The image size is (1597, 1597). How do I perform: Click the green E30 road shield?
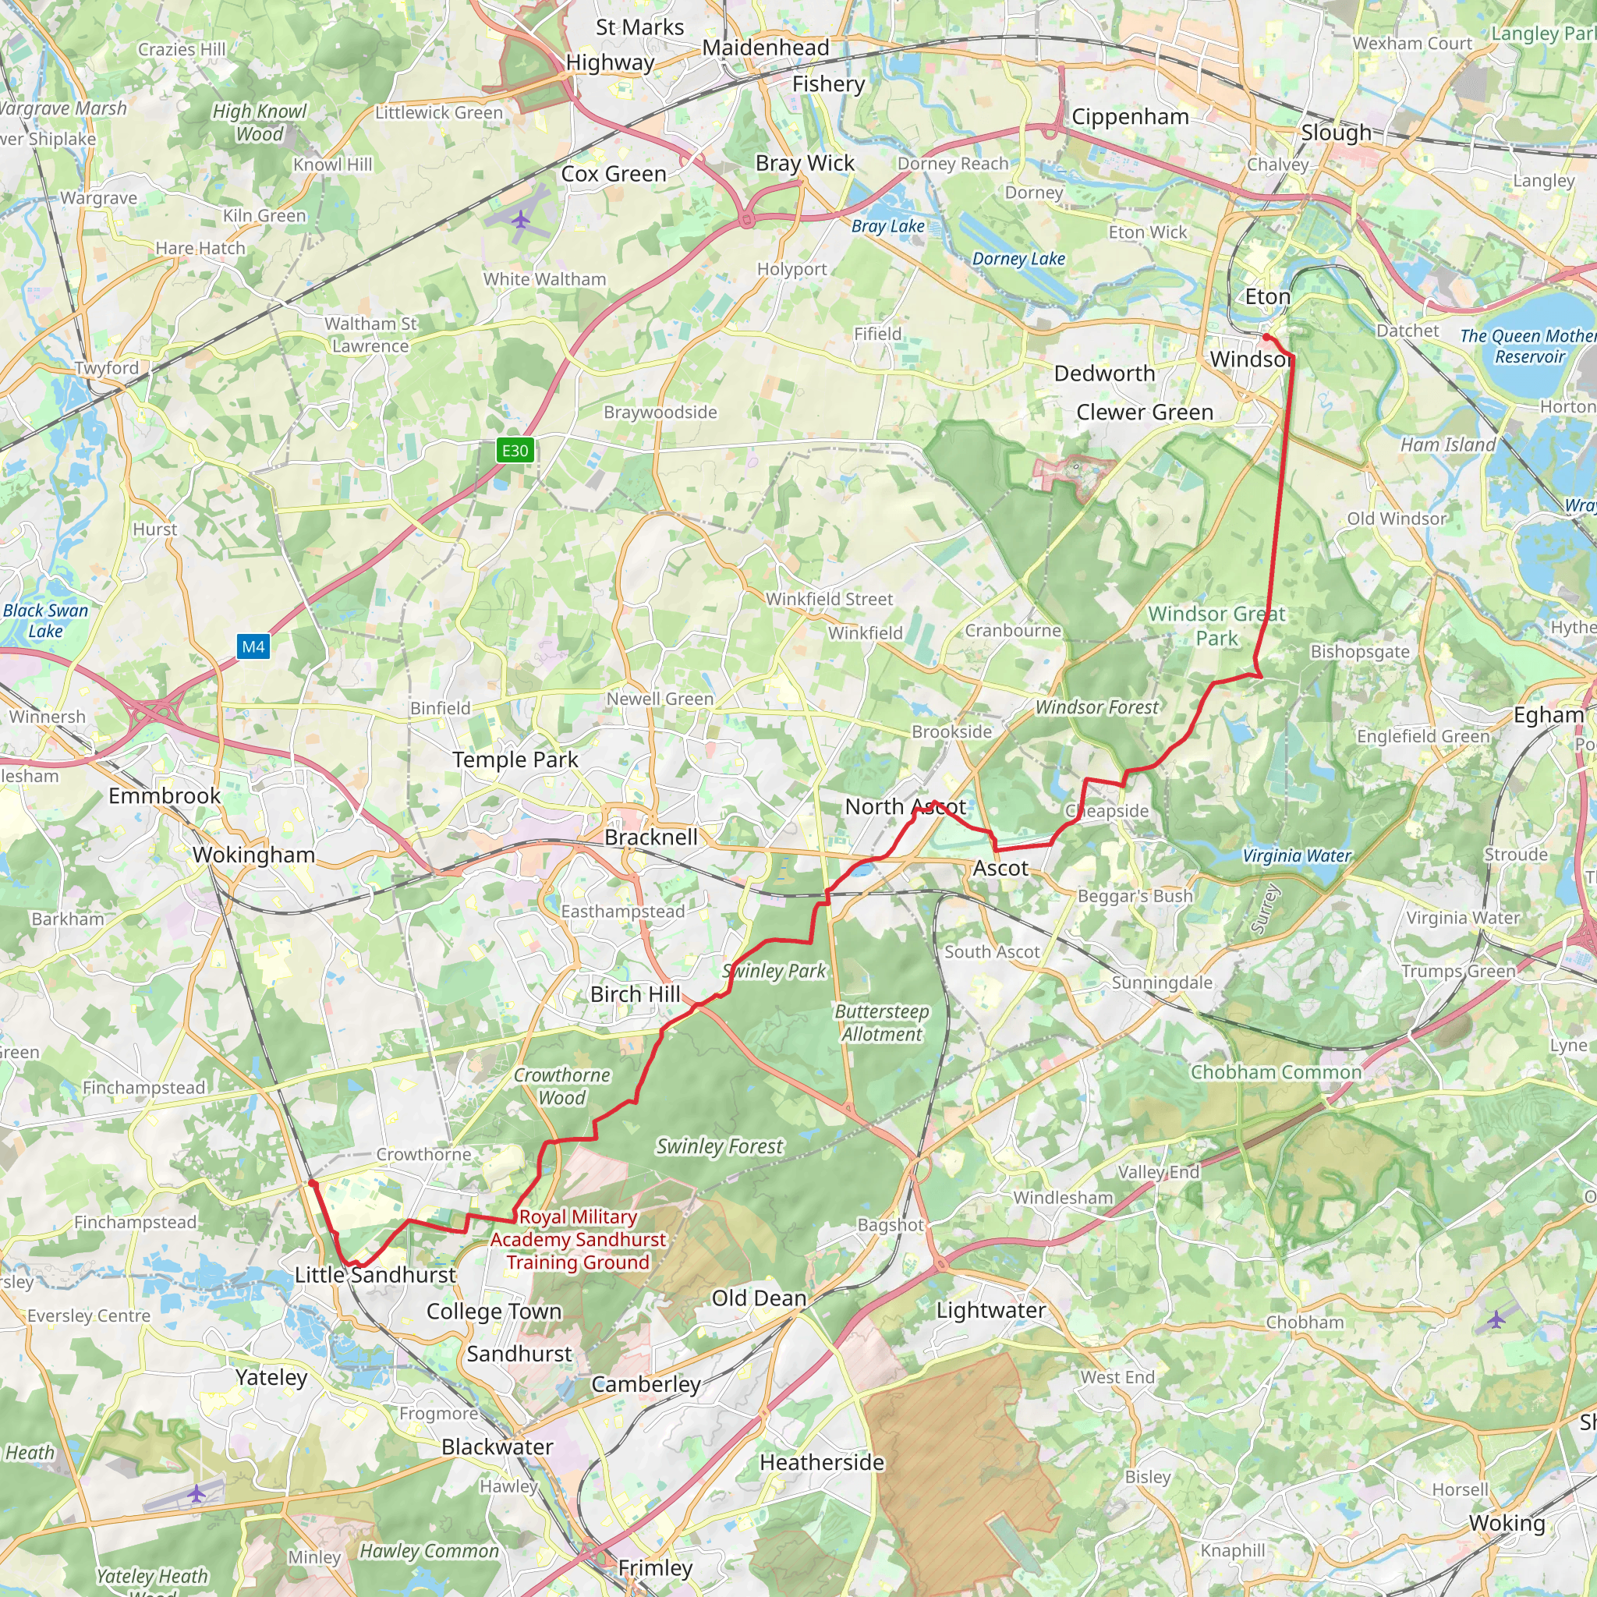click(514, 451)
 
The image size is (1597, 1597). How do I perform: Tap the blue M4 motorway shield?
click(253, 646)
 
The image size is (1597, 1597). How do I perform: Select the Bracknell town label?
click(651, 837)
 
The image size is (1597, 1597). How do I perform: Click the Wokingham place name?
click(253, 855)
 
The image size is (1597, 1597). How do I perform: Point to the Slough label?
click(1336, 133)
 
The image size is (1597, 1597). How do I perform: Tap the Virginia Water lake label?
click(1296, 855)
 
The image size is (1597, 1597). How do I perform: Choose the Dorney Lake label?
click(1018, 259)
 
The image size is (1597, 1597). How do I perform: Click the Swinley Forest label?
click(719, 1146)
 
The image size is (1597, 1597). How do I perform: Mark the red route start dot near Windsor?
click(1266, 337)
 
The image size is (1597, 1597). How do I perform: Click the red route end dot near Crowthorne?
click(313, 1184)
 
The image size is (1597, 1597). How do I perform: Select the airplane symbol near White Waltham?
click(520, 220)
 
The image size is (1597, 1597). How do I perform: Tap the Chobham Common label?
click(1276, 1072)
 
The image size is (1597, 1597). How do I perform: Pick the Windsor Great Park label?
click(1216, 625)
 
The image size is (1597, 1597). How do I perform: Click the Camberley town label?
click(646, 1384)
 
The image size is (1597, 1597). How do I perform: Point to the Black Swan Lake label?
click(45, 620)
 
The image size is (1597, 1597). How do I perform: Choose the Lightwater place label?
click(990, 1310)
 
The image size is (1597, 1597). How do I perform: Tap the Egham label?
click(1548, 715)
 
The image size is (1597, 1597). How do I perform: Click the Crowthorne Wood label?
click(562, 1086)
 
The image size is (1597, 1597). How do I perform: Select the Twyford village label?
click(107, 368)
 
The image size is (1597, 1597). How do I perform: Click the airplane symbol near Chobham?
click(1496, 1319)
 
